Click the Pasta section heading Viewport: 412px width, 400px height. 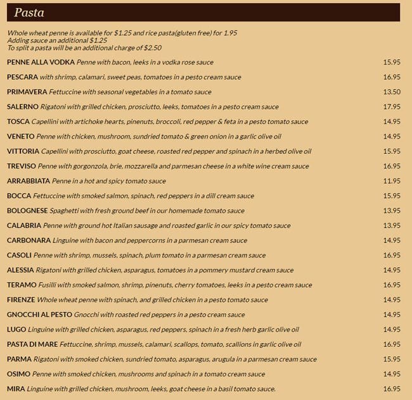coord(29,13)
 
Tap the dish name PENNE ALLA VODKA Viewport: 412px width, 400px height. coord(41,62)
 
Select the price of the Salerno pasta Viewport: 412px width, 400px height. coord(392,107)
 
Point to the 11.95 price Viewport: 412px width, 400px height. coord(392,181)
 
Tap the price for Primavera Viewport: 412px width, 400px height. coord(392,92)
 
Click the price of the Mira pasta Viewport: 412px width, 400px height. coord(392,389)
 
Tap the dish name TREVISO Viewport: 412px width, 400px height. coord(22,166)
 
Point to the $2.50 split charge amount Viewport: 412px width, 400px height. coord(152,47)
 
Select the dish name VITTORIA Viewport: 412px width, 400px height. coord(23,151)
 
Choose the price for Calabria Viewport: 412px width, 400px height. coord(392,225)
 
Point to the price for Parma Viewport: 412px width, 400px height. coord(392,359)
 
